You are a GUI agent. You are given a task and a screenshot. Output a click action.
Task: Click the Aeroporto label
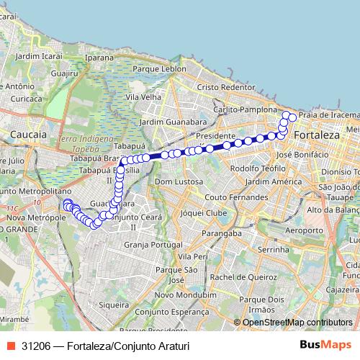tap(279, 230)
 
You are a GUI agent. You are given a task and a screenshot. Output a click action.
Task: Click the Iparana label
tap(99, 55)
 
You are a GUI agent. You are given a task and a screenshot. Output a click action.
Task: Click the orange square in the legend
tap(11, 346)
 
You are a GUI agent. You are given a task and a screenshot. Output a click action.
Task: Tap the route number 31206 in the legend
tap(36, 346)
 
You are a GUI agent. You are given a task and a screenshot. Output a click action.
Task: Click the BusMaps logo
tap(325, 346)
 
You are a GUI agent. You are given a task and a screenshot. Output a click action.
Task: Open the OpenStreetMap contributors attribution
tap(297, 322)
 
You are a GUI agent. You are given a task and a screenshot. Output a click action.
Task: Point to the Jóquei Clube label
tap(204, 214)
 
